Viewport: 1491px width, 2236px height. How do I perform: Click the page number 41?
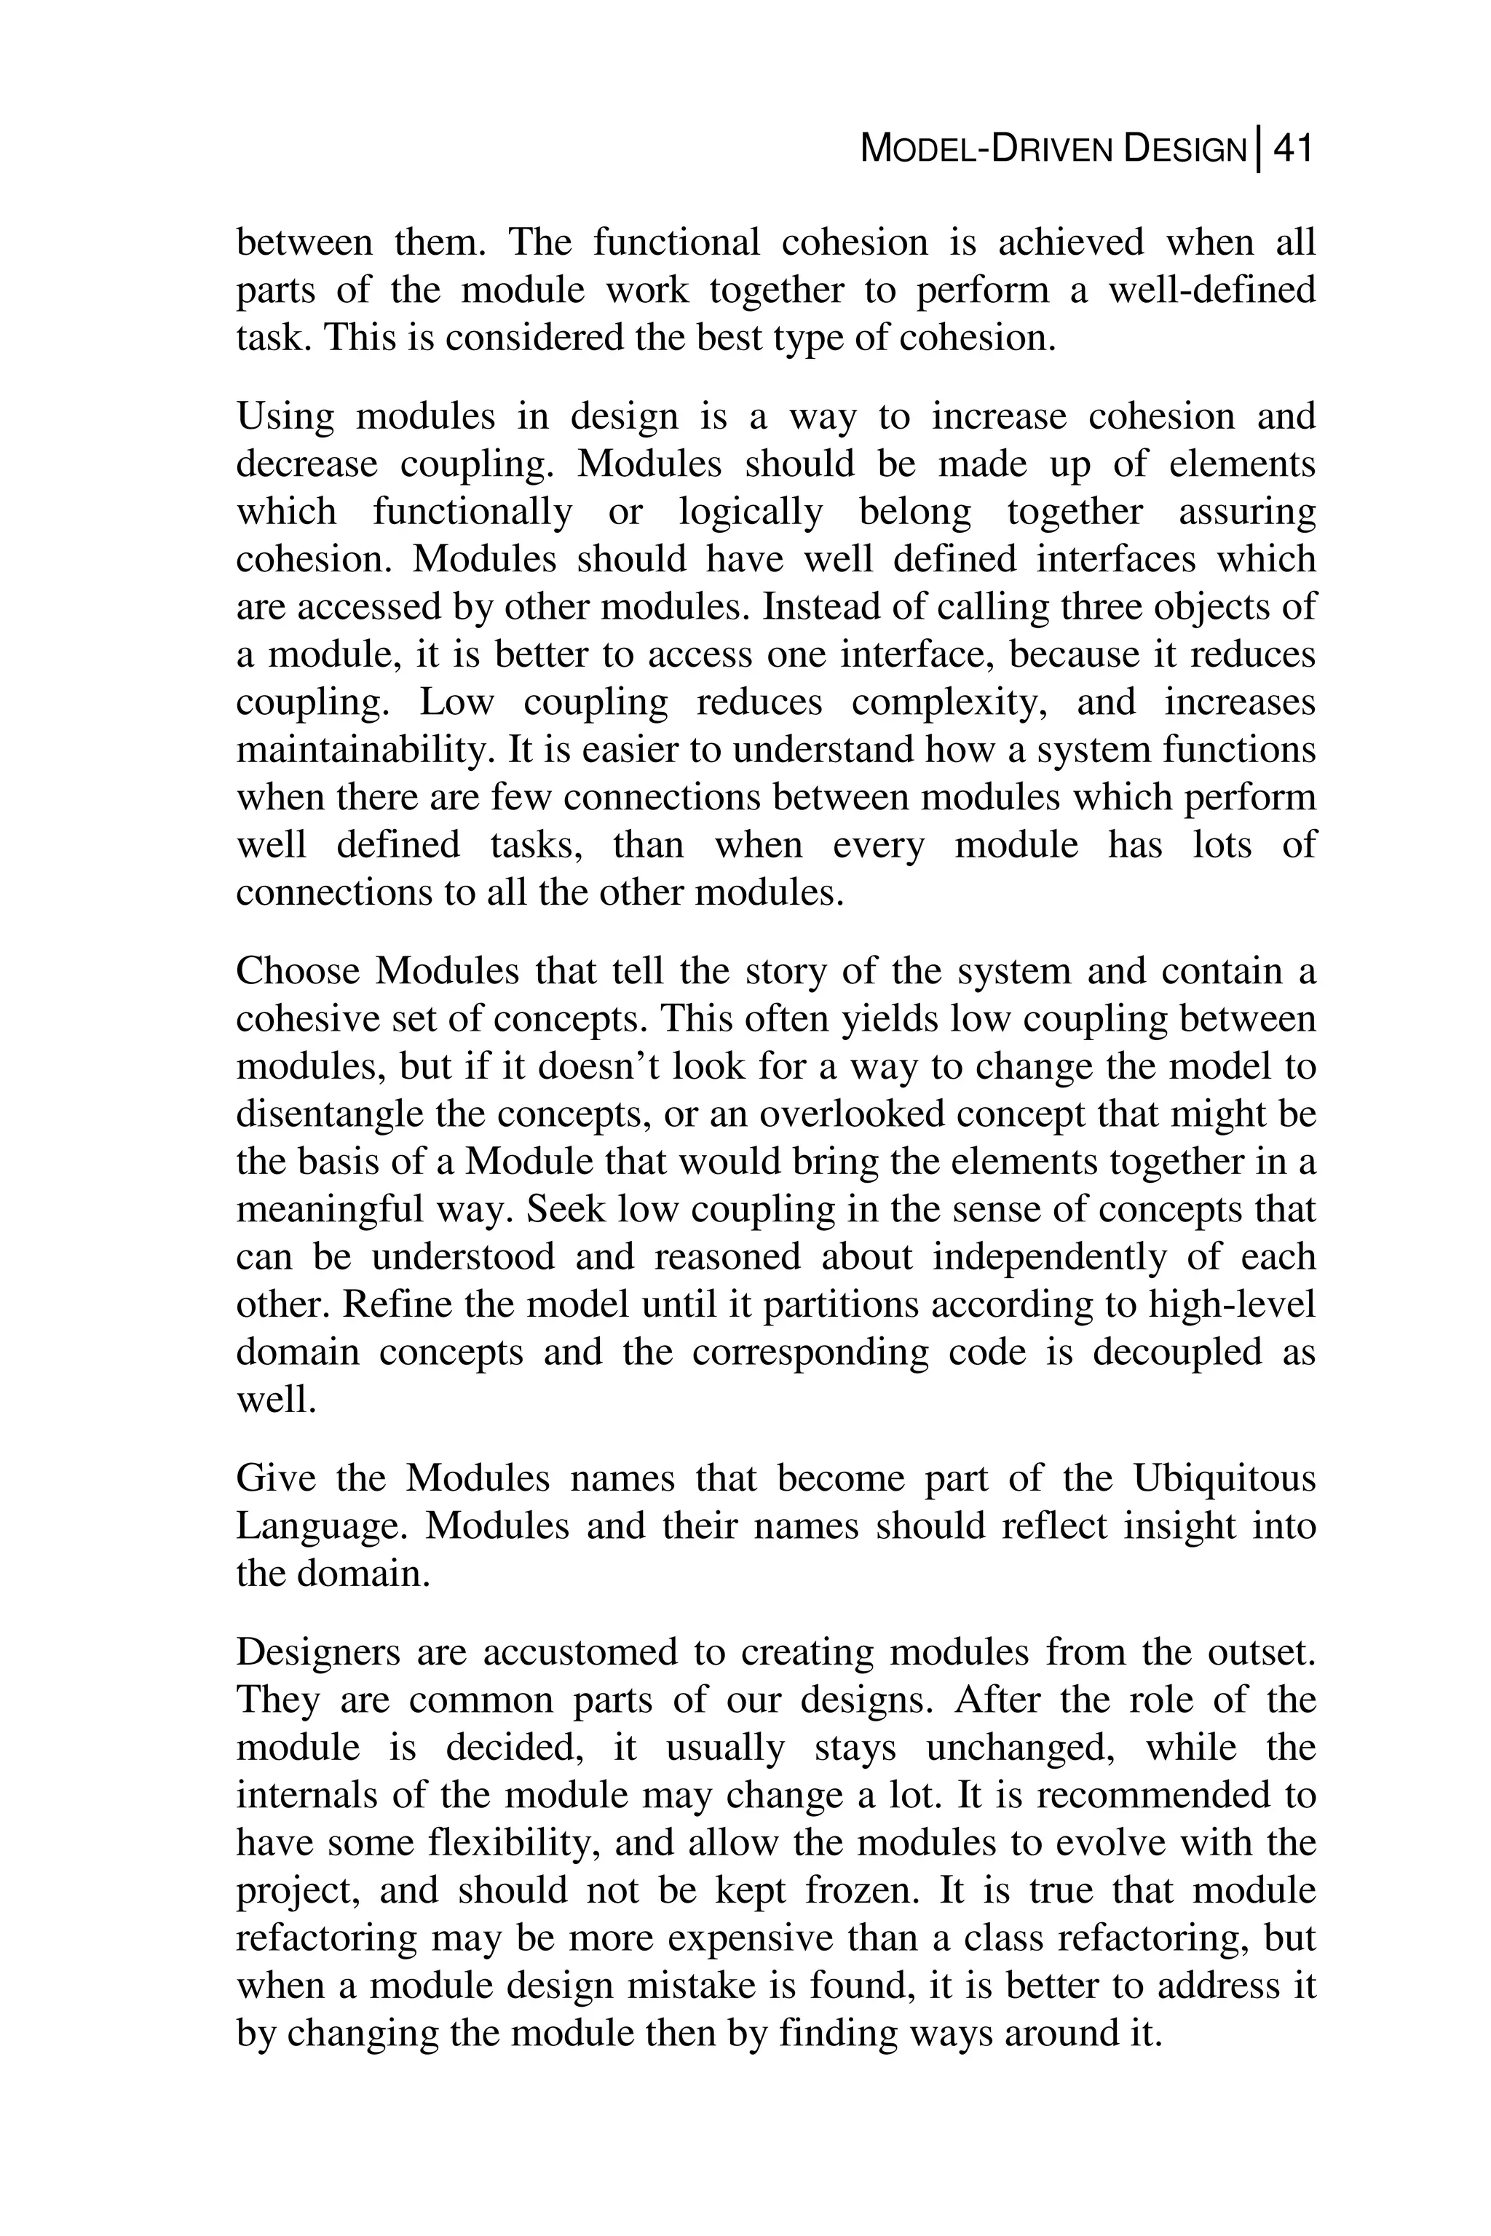(1292, 149)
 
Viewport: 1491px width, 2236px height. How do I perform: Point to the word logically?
(751, 512)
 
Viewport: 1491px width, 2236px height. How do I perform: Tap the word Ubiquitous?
(1225, 1478)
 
